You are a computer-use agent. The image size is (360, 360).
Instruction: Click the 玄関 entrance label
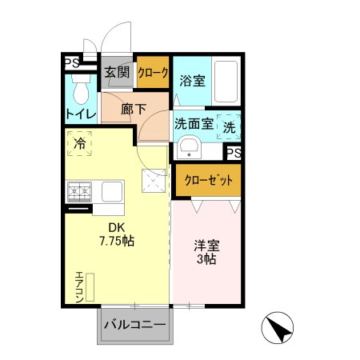pos(118,73)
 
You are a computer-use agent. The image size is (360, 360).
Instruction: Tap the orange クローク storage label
pos(153,73)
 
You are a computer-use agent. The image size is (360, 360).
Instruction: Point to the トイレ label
pos(81,114)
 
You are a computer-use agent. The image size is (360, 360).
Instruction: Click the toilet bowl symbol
pos(79,87)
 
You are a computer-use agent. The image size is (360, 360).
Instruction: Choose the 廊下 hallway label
pos(134,110)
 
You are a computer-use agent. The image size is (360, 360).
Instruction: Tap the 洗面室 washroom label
pos(193,125)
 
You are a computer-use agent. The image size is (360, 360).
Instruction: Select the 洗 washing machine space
pos(230,126)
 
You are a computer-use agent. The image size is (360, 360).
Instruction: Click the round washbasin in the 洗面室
pos(189,148)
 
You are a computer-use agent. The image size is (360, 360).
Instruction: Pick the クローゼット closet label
pos(206,180)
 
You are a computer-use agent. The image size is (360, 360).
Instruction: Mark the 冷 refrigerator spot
pos(80,145)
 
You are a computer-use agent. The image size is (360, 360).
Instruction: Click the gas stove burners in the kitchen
pos(79,192)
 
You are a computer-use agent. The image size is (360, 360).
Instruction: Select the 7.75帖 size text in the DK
pos(116,240)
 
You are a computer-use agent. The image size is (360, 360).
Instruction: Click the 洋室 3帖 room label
pos(206,252)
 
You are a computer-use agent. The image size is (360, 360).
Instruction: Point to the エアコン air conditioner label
pos(78,286)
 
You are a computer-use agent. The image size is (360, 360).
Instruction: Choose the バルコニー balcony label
pos(134,326)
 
